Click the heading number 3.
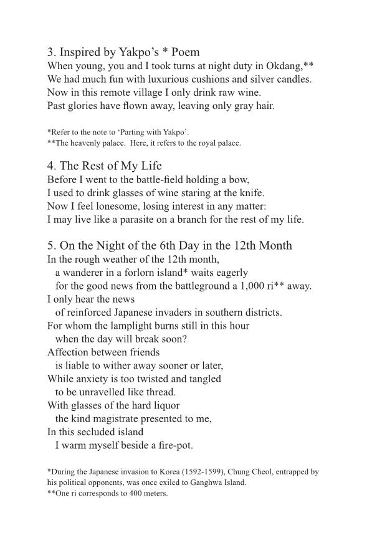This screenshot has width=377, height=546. pyautogui.click(x=50, y=52)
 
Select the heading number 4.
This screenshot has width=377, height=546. pyautogui.click(x=50, y=166)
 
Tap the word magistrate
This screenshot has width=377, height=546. pyautogui.click(x=125, y=419)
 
